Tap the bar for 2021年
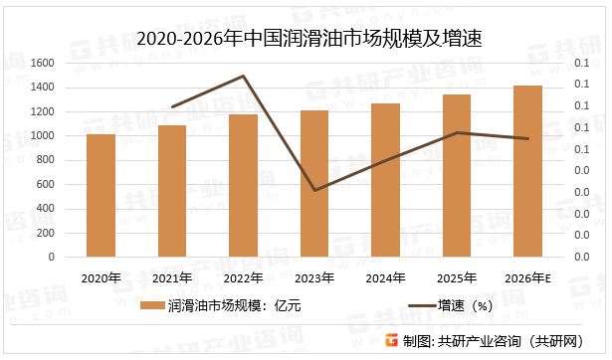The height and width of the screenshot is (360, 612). coord(172,191)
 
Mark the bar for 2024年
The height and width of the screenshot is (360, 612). coord(385,180)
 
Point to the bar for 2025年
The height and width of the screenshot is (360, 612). coord(457,175)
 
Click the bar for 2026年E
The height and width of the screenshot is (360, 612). coord(527,171)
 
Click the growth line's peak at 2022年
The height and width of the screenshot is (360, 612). coord(244,76)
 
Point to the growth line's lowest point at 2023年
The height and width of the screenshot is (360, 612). coord(314,190)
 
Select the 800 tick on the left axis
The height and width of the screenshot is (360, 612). coord(45,160)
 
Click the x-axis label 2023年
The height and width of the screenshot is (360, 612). coord(314,277)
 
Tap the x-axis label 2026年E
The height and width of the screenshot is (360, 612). coord(527,277)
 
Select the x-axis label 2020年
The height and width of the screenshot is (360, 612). coord(101,277)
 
